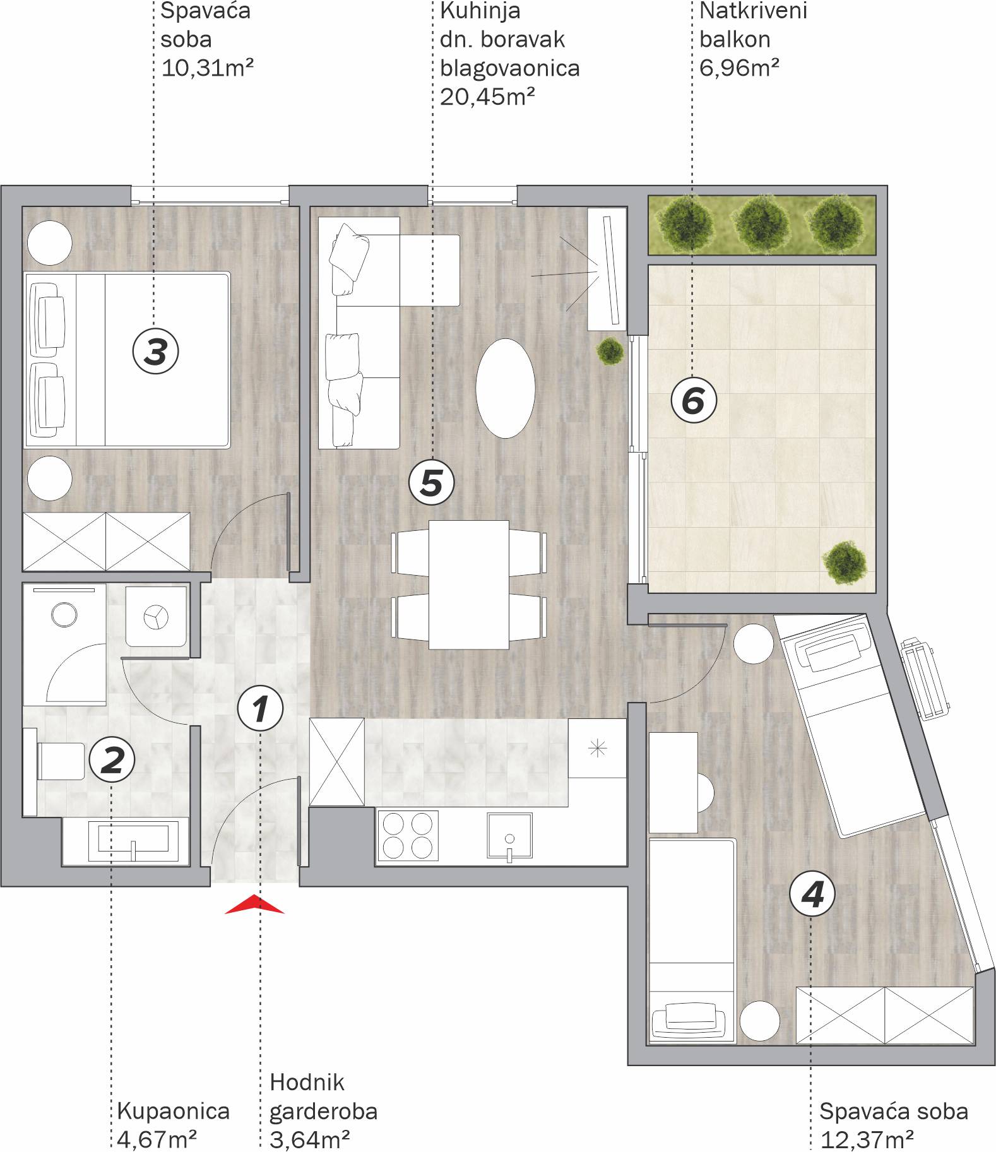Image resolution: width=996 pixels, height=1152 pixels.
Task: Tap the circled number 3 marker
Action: [x=155, y=351]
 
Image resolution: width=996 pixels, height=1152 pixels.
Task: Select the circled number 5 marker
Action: [x=431, y=483]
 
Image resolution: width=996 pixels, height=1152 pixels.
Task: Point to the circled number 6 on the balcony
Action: [x=693, y=400]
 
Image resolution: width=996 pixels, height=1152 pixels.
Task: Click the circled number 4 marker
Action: [x=812, y=894]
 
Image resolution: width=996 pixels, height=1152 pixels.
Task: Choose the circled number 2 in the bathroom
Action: [x=112, y=759]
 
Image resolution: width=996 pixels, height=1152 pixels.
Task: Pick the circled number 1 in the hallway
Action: [x=260, y=708]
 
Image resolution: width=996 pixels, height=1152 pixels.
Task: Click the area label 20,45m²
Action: [x=488, y=97]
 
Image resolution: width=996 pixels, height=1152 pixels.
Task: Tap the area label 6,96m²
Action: [x=739, y=67]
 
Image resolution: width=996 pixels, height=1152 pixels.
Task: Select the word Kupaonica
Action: [x=174, y=1111]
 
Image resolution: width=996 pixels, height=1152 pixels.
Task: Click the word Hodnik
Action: [x=307, y=1082]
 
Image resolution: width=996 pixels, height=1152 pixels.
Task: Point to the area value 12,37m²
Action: [x=867, y=1140]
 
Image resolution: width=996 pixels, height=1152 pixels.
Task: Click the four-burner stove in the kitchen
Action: [x=408, y=835]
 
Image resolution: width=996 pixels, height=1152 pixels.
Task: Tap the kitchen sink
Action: [x=509, y=835]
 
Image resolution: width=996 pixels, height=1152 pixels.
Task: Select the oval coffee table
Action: [x=505, y=388]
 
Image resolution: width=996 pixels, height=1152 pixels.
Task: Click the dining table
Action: [x=469, y=585]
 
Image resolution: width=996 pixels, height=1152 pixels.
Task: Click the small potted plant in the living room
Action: [x=610, y=352]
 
